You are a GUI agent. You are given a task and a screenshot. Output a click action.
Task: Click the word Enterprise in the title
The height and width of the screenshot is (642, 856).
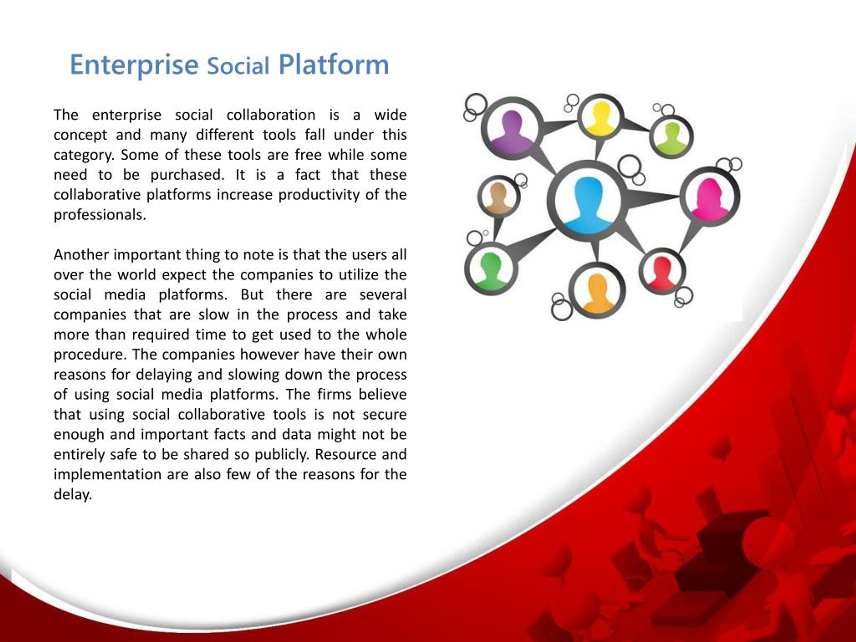(x=133, y=65)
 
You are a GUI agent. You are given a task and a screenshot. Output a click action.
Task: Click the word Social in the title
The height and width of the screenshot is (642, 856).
(x=238, y=66)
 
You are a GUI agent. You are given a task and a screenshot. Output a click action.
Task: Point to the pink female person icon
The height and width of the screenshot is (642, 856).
(x=710, y=198)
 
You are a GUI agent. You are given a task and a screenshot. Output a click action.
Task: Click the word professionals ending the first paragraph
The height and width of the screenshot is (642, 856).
(x=99, y=215)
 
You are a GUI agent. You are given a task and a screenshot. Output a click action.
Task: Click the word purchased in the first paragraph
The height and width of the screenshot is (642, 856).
(x=187, y=175)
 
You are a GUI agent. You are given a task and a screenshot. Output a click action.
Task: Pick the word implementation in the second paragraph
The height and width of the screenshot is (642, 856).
(x=107, y=474)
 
